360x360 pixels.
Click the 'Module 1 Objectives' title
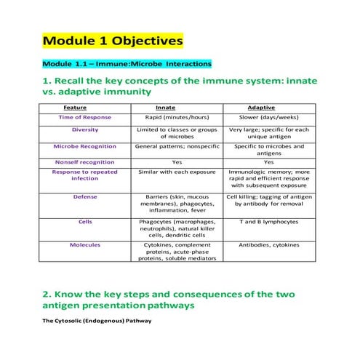click(112, 39)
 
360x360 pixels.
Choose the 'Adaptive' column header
click(268, 107)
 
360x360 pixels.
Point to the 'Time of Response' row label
click(85, 116)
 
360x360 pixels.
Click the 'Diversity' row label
click(85, 130)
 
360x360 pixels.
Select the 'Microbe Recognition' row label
click(85, 146)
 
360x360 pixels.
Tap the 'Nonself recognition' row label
click(85, 162)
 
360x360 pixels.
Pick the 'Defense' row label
click(85, 196)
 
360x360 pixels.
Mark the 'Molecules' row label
click(85, 244)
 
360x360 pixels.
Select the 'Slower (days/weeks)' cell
click(268, 116)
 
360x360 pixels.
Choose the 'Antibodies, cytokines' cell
click(268, 244)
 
